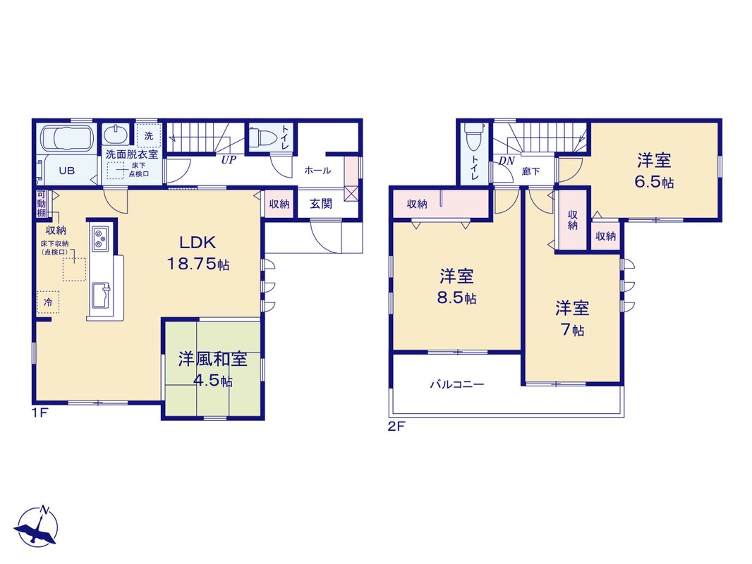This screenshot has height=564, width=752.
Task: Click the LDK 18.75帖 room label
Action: point(198,254)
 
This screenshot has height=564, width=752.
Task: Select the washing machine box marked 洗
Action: point(149,136)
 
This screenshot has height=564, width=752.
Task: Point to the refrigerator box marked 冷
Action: point(49,302)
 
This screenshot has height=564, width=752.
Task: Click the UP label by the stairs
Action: point(229,160)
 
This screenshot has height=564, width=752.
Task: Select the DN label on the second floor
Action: point(507,161)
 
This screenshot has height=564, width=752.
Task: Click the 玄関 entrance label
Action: point(321,204)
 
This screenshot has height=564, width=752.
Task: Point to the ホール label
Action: point(317,170)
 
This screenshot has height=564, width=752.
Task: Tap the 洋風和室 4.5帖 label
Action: point(213,369)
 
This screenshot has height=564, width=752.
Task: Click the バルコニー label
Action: point(457,384)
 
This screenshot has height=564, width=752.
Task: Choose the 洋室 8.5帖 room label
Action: point(456,286)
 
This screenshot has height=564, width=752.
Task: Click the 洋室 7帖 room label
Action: point(572,319)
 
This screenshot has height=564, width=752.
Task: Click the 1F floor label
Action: point(40,413)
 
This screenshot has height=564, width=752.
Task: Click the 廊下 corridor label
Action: point(531,171)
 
